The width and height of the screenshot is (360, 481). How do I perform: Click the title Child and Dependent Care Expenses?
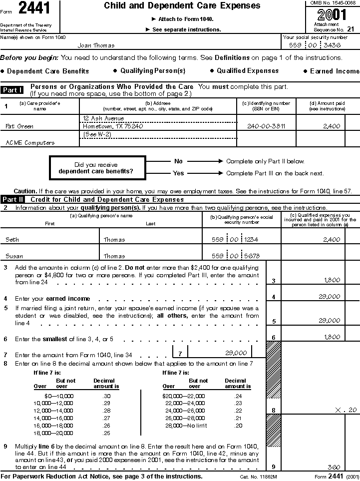(182, 6)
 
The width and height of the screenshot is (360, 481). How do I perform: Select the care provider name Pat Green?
(19, 126)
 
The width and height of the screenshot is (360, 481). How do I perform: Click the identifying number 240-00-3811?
(265, 126)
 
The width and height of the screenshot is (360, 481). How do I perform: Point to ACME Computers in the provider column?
(30, 143)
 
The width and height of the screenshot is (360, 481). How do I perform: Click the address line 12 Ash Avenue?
(104, 118)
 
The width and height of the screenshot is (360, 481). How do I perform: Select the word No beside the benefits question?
(178, 161)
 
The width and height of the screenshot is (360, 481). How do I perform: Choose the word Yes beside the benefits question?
(178, 173)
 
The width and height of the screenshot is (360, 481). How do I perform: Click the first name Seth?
(12, 240)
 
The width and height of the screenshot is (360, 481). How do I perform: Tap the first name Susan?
(14, 256)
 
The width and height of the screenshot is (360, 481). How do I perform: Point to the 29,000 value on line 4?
(330, 297)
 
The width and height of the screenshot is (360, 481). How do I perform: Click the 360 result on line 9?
(334, 467)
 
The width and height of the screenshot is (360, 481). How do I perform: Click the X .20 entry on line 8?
(347, 410)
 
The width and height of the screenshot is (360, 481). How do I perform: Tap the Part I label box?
(12, 90)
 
